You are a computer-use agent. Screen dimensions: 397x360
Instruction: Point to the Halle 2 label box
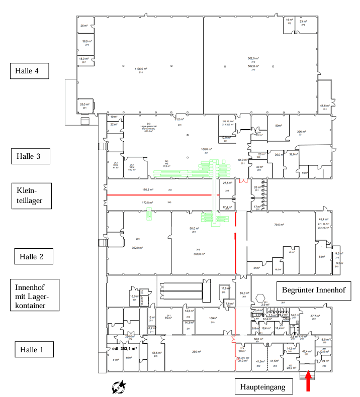(33, 256)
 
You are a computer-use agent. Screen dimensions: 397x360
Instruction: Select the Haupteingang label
(263, 386)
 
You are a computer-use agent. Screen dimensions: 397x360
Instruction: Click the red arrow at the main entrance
(308, 382)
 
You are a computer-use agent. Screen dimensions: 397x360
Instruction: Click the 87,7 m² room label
(315, 316)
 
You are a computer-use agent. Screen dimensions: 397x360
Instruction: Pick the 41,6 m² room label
(325, 106)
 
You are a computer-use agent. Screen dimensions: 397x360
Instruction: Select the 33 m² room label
(304, 22)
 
